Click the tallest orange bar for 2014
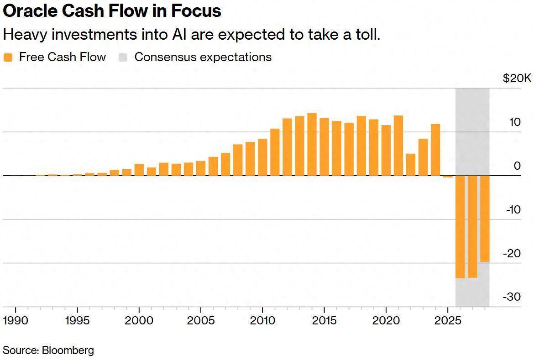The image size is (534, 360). point(312,144)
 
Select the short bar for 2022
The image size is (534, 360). point(411,165)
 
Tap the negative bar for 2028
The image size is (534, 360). point(485,219)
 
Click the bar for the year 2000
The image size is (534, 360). point(139,170)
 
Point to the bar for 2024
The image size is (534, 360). point(435,150)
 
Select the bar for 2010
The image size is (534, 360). point(262,157)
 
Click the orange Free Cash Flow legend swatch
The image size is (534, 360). point(8,57)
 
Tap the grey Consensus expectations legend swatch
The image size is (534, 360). point(123,57)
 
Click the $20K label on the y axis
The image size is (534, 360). point(517,78)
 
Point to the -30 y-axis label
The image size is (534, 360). point(512,297)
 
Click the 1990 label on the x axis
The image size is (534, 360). point(16,320)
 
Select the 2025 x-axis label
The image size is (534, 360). point(448,320)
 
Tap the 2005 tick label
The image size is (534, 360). point(201,320)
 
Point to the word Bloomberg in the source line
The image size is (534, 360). point(68,350)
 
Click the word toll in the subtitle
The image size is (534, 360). point(367,34)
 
